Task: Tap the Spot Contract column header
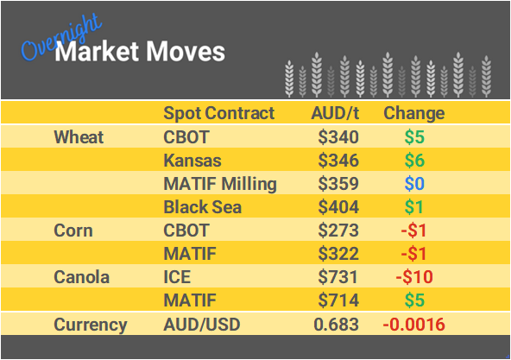[218, 113]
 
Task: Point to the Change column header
[413, 113]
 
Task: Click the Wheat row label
[79, 137]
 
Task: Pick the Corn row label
[73, 231]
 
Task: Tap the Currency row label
[91, 325]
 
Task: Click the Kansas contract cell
[192, 161]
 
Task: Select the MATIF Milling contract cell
[219, 184]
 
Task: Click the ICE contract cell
[177, 278]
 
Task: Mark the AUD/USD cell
[201, 325]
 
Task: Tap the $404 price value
[338, 207]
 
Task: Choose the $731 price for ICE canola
[338, 278]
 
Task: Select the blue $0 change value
[413, 184]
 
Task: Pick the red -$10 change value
[413, 278]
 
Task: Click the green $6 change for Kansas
[413, 161]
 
